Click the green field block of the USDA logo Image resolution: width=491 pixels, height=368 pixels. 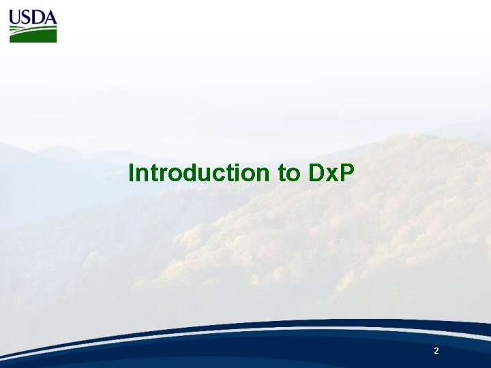click(33, 34)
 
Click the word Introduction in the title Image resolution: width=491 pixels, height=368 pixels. click(199, 173)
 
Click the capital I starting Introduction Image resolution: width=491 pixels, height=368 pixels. click(131, 173)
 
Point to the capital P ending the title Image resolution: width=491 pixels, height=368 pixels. click(347, 173)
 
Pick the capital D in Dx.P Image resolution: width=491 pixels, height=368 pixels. click(316, 173)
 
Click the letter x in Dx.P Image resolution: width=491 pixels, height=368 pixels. click(329, 175)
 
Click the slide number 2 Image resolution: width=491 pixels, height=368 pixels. click(436, 351)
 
